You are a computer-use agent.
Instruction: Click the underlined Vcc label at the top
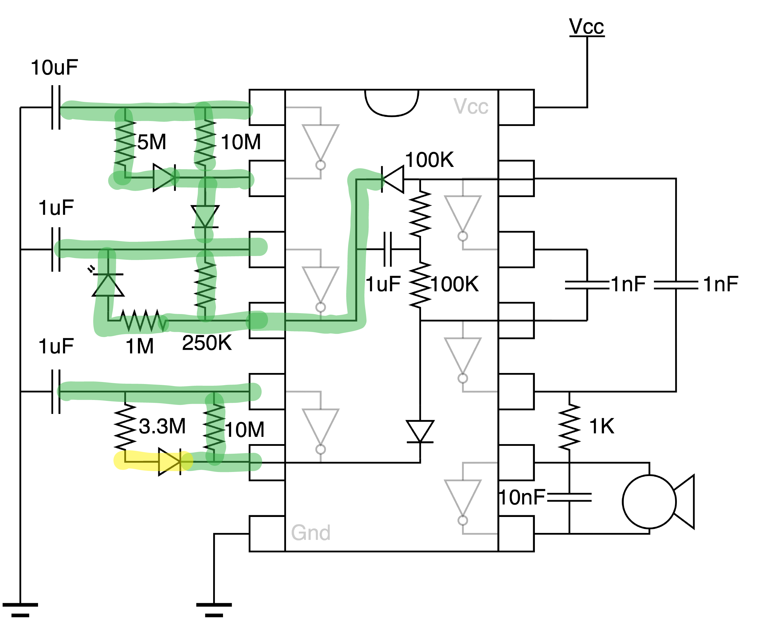[x=586, y=27]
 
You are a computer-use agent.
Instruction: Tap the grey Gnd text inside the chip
[x=310, y=533]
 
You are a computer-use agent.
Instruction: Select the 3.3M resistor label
[x=162, y=426]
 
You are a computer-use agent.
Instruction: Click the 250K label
[x=207, y=343]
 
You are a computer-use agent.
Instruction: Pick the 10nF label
[x=522, y=497]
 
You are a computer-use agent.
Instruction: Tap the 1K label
[x=602, y=426]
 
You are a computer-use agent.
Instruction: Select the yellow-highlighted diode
[x=170, y=462]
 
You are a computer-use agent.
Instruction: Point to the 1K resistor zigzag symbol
[x=569, y=426]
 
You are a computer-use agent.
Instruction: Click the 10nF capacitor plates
[x=569, y=497]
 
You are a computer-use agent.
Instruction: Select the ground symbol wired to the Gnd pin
[x=214, y=609]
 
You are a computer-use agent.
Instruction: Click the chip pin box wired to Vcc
[x=516, y=107]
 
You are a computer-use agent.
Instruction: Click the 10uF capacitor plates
[x=56, y=107]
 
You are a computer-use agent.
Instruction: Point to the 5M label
[x=152, y=142]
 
